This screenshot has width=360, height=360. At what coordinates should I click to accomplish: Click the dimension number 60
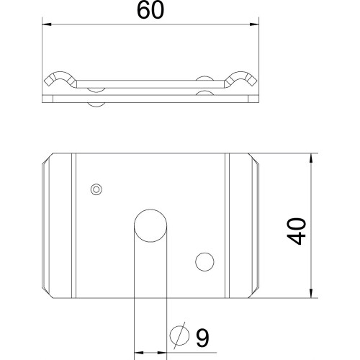150,11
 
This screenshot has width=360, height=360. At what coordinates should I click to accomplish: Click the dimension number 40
297,231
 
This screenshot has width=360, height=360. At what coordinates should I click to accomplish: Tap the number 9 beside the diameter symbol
202,338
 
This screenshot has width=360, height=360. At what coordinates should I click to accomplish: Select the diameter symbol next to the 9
179,336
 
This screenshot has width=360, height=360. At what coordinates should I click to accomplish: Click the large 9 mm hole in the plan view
150,225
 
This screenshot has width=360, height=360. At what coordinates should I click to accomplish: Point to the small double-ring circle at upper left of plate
96,189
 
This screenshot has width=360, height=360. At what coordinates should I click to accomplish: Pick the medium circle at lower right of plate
204,262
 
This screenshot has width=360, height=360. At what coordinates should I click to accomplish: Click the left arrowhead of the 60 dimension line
47,24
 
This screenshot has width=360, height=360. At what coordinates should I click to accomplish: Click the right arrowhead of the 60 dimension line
254,24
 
